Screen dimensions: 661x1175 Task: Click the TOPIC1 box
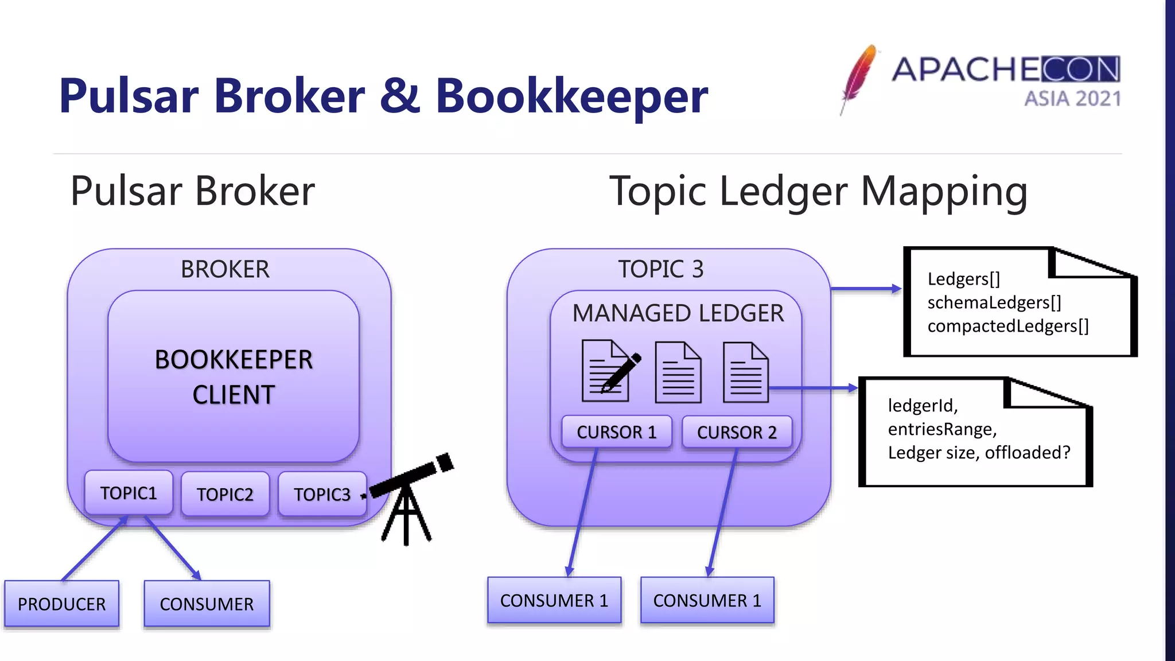129,493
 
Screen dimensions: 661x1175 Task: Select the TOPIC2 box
225,494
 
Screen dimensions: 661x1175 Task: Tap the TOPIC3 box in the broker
322,494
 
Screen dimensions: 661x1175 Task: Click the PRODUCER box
62,604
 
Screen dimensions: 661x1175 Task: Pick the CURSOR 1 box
617,431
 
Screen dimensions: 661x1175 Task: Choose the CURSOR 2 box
737,431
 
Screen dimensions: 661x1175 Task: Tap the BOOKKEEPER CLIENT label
234,377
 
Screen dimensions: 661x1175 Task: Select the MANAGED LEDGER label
678,313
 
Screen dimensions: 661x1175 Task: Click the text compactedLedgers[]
1008,326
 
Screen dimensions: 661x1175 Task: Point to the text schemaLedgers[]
994,302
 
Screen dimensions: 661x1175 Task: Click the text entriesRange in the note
942,429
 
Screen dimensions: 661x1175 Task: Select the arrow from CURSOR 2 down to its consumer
722,512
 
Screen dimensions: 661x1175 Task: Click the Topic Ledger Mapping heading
818,191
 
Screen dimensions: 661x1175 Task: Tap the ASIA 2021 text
1072,99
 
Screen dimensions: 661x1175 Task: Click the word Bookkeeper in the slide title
571,96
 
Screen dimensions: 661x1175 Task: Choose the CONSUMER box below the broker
207,604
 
